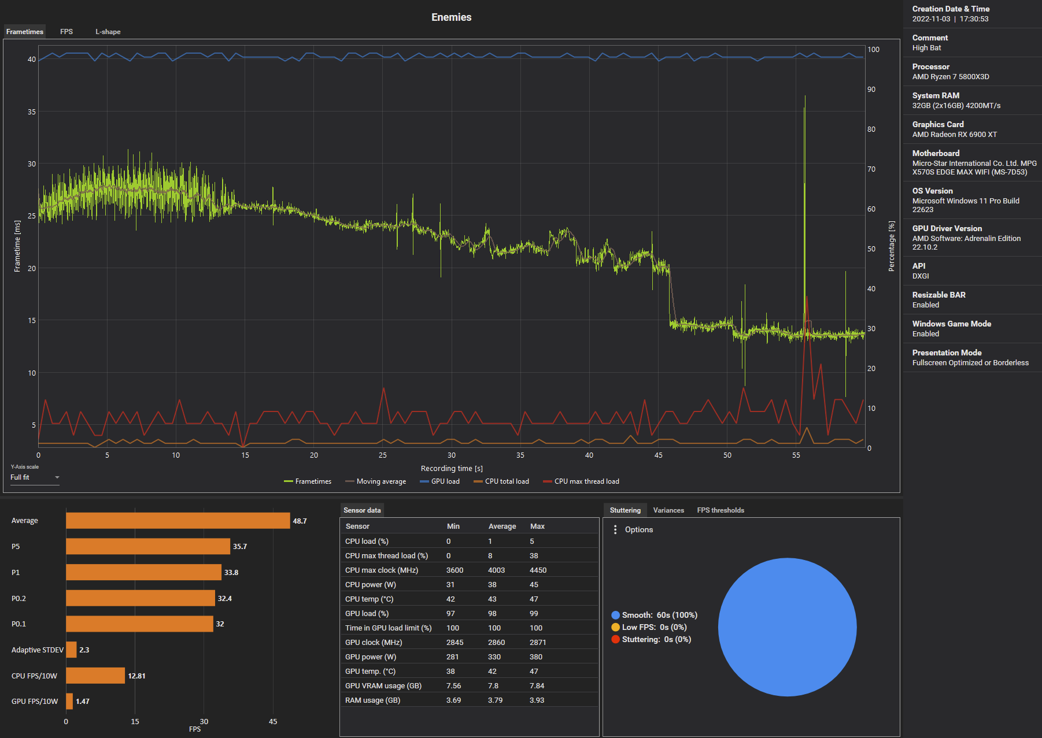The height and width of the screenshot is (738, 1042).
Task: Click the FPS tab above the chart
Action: [66, 32]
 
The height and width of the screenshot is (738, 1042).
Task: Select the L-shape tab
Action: [108, 32]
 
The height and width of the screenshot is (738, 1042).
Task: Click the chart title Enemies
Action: [451, 17]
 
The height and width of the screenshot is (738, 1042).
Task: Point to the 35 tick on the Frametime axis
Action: [32, 112]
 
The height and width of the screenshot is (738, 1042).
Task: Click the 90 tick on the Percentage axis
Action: [871, 90]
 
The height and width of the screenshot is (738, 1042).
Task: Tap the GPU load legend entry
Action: [440, 481]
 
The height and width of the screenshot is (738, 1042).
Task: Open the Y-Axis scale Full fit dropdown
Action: [35, 477]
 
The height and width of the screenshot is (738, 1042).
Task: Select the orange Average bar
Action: [178, 521]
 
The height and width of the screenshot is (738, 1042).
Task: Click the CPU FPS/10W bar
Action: [95, 676]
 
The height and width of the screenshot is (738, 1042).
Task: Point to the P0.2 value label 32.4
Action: [225, 598]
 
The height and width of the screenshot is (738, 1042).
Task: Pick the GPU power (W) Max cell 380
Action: [536, 657]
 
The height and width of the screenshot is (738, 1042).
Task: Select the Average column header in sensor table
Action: [502, 526]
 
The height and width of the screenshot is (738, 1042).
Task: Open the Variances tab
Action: [668, 510]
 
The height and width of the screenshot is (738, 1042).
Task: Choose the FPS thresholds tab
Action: [720, 510]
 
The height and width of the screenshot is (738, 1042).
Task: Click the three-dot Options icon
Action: [615, 529]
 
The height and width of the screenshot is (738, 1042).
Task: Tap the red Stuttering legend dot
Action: [615, 639]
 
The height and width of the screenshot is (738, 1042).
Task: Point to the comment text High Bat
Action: [926, 48]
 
